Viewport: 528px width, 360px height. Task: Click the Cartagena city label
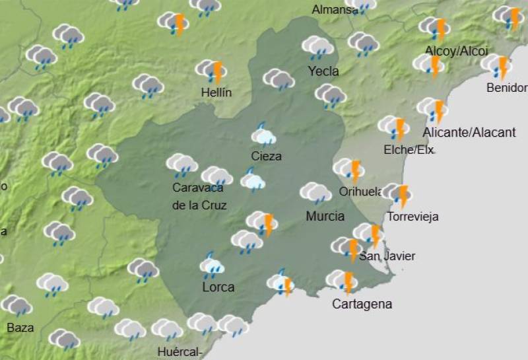362,305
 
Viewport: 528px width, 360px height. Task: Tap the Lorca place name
218,287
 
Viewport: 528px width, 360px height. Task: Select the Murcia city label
325,216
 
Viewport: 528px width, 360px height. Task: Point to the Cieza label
266,157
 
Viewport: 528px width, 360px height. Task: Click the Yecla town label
323,71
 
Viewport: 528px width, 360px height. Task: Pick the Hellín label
216,92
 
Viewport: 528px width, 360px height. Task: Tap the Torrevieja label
413,217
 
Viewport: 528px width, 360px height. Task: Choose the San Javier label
391,256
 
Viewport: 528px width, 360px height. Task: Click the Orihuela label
360,192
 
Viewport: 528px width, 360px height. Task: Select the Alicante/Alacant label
469,133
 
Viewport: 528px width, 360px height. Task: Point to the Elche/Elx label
409,150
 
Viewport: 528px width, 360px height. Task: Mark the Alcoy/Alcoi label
456,51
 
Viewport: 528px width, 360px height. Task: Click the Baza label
20,327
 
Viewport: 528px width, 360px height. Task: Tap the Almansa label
334,9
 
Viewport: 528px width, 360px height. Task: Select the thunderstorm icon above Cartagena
343,281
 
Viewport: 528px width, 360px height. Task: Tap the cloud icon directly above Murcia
315,193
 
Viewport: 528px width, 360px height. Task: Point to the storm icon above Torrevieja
398,195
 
